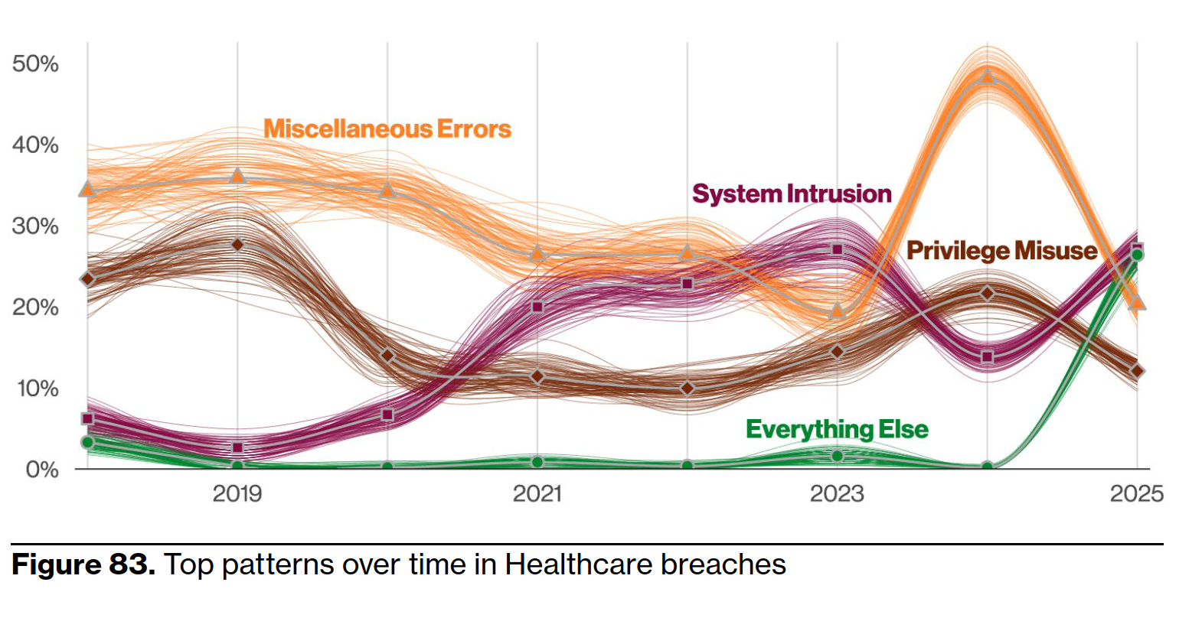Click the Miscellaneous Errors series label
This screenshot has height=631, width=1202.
point(387,128)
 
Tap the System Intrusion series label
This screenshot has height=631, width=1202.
point(792,194)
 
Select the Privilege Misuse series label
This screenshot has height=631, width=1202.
point(1001,251)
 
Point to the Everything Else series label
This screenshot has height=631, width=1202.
point(837,429)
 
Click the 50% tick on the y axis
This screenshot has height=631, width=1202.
point(35,63)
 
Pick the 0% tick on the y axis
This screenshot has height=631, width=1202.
point(42,469)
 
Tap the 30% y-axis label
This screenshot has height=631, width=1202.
point(35,226)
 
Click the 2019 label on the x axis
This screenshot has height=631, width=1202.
point(237,493)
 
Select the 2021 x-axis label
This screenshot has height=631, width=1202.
point(537,493)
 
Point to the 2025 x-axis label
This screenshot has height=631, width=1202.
point(1137,493)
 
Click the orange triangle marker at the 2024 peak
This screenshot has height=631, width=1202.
point(988,76)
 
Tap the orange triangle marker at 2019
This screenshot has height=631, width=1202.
point(237,176)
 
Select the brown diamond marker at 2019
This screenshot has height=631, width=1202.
point(237,245)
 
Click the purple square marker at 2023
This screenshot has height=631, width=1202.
point(838,249)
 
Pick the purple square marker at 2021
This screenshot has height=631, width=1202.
point(537,307)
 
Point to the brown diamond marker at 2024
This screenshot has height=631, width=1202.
point(988,293)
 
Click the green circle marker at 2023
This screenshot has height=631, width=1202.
point(838,456)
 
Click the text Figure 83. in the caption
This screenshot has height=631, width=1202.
point(83,564)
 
